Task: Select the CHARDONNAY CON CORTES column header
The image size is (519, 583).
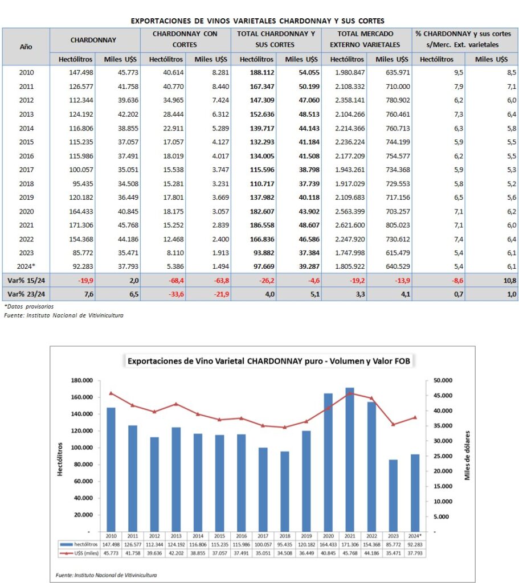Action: tap(185, 39)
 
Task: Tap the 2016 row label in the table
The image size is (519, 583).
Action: tap(26, 155)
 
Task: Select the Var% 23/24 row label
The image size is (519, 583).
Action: tap(26, 294)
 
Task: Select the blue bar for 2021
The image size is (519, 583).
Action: tap(349, 459)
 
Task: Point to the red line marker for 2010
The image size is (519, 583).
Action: tap(111, 393)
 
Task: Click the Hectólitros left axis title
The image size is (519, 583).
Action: tap(60, 456)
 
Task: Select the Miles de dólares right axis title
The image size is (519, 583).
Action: tap(468, 456)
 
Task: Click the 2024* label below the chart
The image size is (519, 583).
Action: tap(415, 536)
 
